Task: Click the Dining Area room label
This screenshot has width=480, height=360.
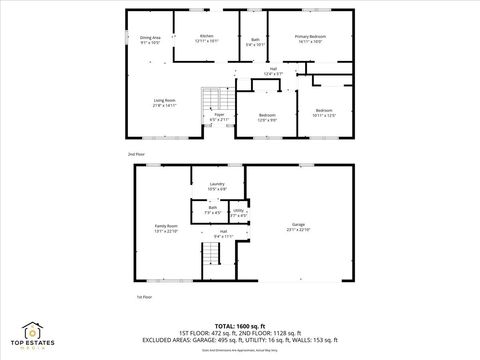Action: pos(150,40)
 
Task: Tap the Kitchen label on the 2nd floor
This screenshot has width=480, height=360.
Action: pos(206,38)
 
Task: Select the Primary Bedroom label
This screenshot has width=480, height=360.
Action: pos(309,38)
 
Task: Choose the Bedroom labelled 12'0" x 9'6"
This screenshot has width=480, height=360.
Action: pos(267,117)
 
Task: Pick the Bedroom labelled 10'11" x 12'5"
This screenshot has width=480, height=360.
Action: pos(323,112)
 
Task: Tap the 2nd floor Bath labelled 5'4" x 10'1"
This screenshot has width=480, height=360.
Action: pos(255,42)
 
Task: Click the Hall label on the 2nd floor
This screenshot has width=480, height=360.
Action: pos(273,71)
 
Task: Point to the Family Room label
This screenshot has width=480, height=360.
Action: pos(165,228)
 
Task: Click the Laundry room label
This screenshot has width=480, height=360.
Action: pos(216,186)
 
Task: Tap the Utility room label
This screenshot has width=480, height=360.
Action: pos(239,212)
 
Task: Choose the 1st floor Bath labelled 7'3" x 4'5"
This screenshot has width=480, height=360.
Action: pos(212,210)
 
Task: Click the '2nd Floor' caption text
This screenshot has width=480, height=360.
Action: pos(136,155)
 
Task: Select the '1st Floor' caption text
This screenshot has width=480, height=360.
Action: pos(144,297)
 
